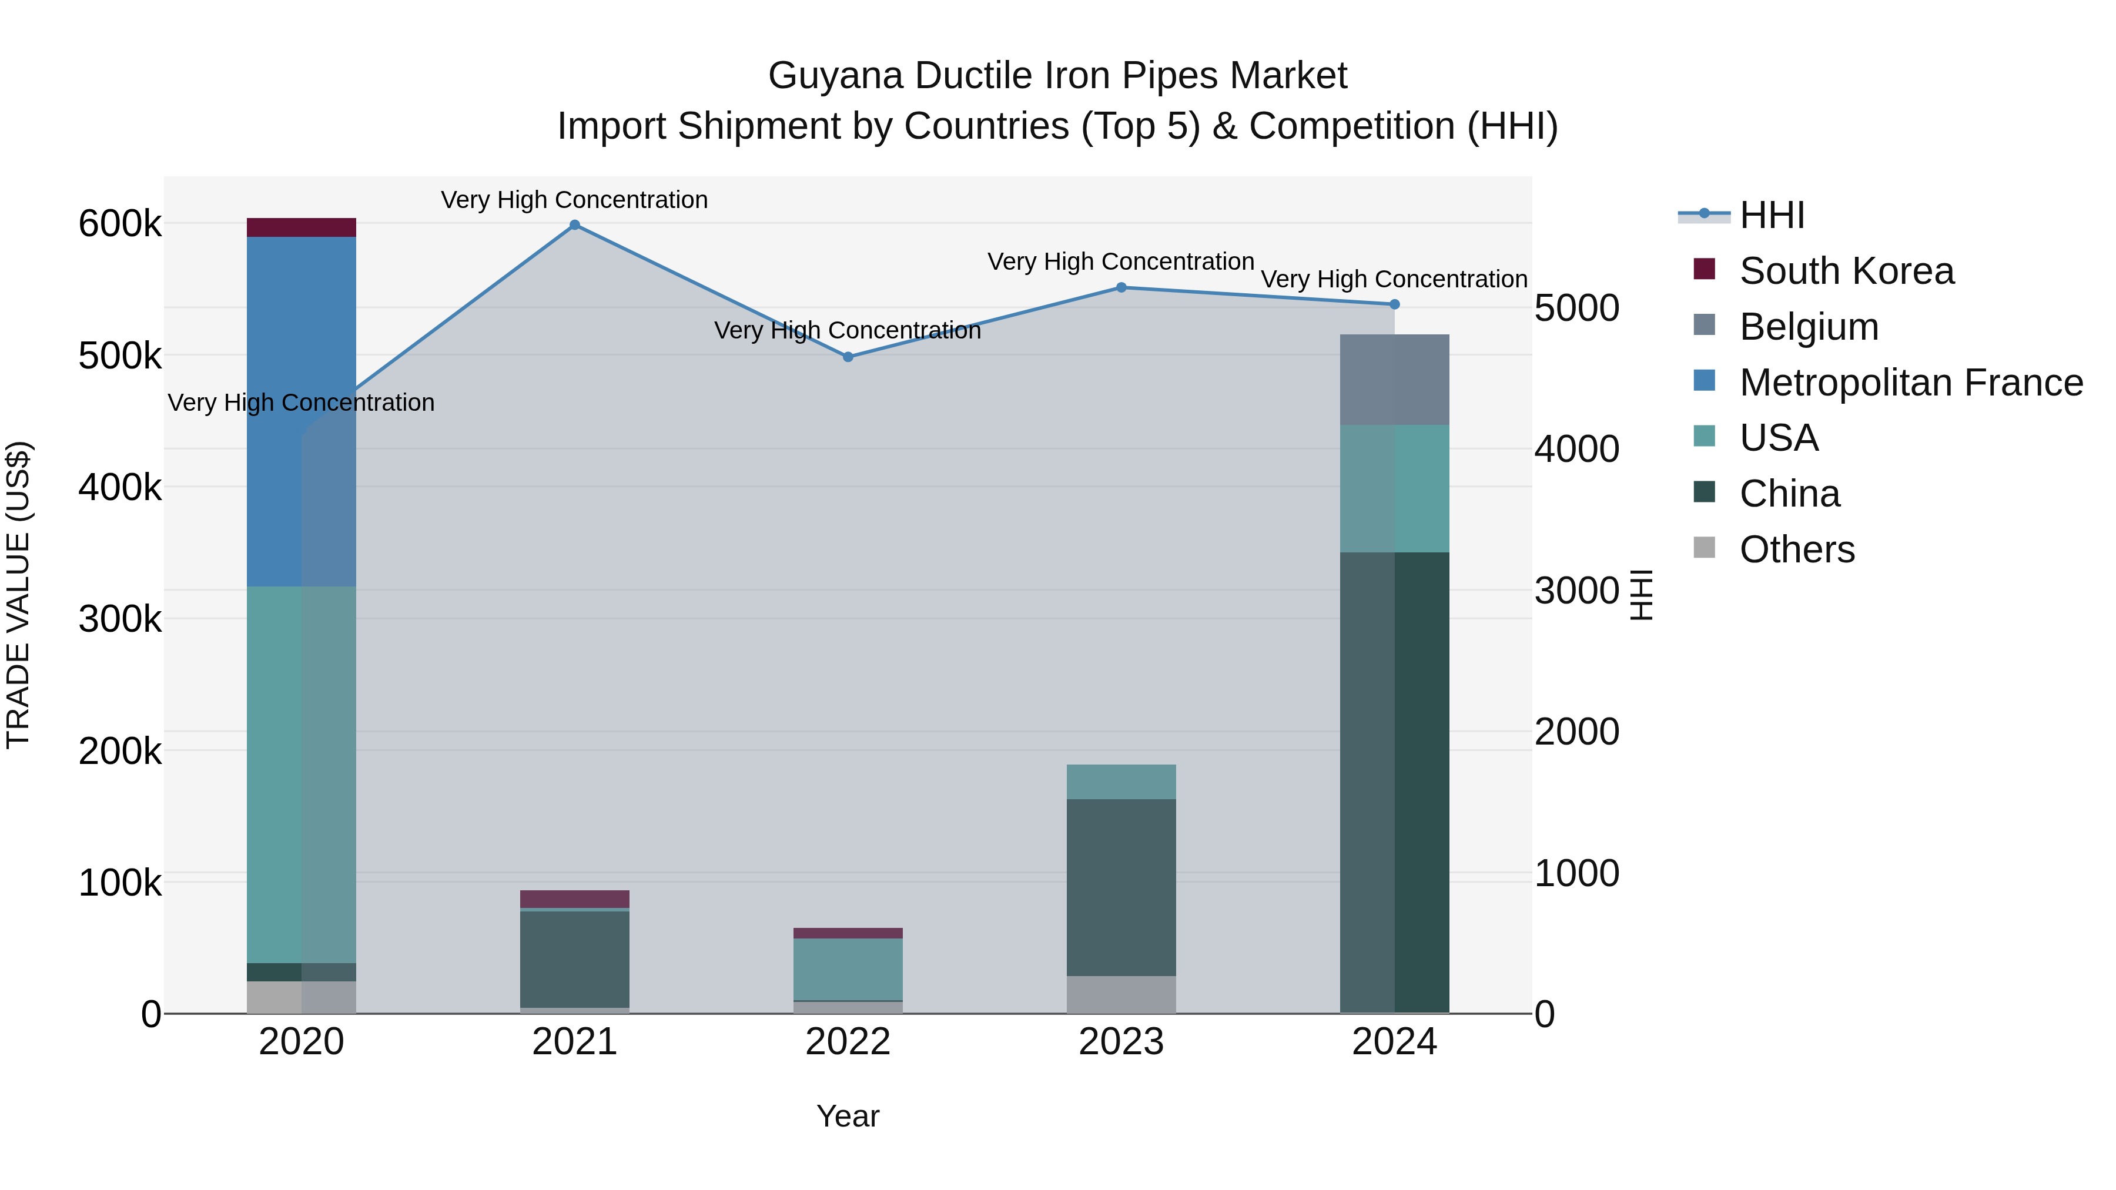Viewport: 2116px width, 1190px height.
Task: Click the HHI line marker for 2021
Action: pos(574,225)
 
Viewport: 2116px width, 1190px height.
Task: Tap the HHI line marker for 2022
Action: pos(848,357)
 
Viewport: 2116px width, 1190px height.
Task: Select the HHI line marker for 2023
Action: pos(1121,287)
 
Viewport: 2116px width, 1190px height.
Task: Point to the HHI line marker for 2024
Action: pos(1394,304)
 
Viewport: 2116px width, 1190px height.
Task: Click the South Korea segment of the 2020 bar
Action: pos(302,227)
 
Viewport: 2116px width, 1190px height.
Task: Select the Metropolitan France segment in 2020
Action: pos(302,411)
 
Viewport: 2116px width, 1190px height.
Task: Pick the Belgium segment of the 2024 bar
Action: pos(1394,380)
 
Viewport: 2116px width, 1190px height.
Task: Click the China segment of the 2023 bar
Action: pos(1121,887)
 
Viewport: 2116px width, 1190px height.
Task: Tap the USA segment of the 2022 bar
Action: pos(848,969)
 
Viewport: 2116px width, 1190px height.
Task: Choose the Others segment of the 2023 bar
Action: pos(1121,994)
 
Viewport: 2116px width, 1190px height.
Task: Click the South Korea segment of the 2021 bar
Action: pos(574,899)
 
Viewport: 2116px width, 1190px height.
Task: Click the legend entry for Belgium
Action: pos(1808,327)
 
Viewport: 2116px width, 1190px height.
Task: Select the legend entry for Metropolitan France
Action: pos(1911,383)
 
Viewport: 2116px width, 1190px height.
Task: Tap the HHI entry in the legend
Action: pos(1771,215)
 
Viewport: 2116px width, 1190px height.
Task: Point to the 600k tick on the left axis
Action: pos(120,223)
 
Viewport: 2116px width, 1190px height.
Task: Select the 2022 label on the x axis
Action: pos(848,1042)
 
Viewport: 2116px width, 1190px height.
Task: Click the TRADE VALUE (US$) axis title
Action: pos(18,595)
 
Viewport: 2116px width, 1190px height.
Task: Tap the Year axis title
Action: pos(848,1116)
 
